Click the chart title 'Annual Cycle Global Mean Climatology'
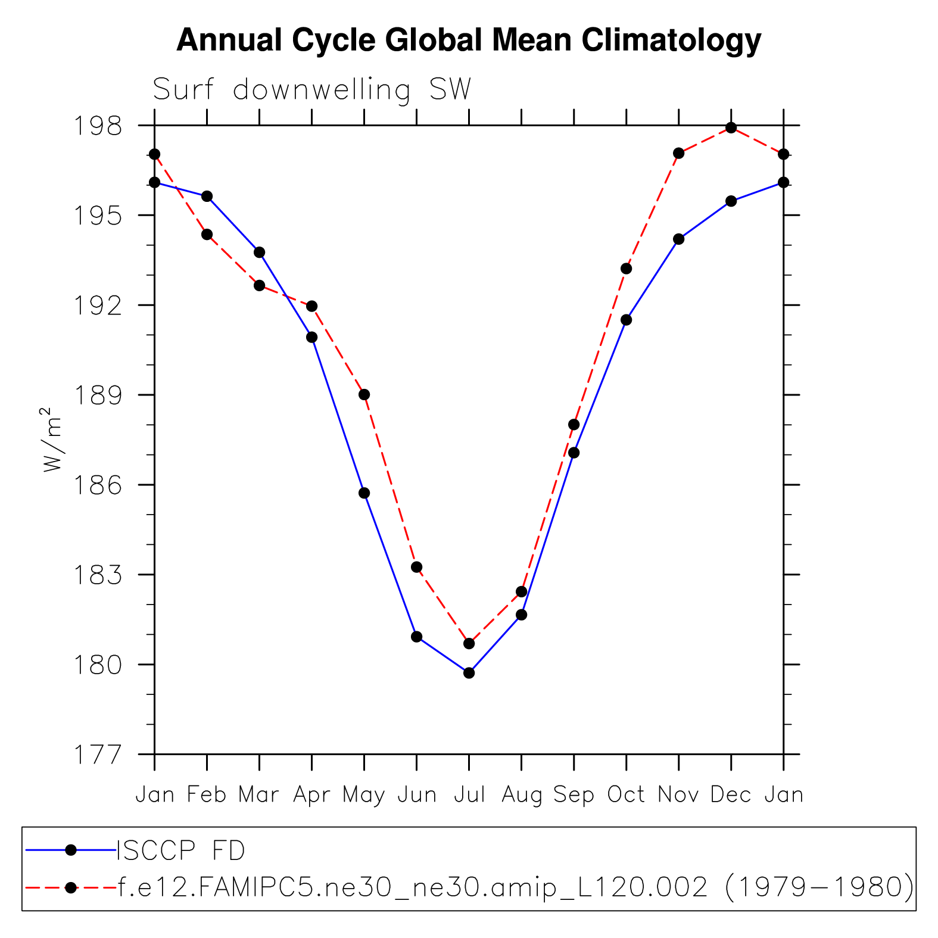point(469,40)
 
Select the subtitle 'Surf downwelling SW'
point(311,90)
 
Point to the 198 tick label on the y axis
point(98,126)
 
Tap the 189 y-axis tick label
point(98,395)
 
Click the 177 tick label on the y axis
point(98,755)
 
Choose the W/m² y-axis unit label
point(52,440)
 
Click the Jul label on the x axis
point(469,794)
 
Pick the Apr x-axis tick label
point(311,794)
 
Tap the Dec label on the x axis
point(731,794)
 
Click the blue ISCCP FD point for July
point(469,673)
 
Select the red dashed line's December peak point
point(731,128)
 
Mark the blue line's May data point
point(364,493)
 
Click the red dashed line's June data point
point(417,567)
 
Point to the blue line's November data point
point(679,239)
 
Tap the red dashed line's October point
point(627,269)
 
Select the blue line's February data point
point(207,197)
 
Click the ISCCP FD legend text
point(181,850)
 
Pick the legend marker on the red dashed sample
point(71,888)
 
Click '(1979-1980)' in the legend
point(819,887)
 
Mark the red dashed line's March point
point(260,285)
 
